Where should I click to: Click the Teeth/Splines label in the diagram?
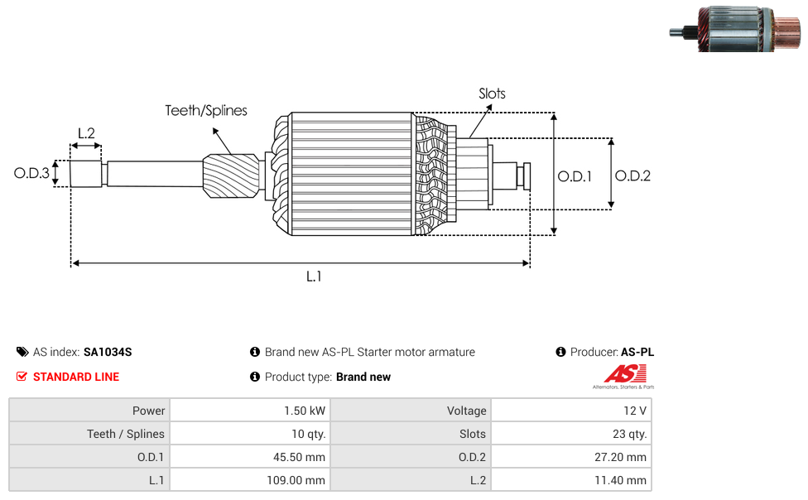coord(206,111)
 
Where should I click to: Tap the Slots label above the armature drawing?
coord(492,94)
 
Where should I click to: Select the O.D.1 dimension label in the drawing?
coord(575,176)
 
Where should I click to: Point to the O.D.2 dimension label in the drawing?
coord(632,175)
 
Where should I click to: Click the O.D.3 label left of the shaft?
coord(31,173)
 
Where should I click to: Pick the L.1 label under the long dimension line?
coord(314,276)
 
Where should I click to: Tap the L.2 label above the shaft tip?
coord(86,133)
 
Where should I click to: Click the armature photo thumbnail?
coord(735,29)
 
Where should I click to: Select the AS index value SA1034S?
coord(108,352)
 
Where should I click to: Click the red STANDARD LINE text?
coord(76,377)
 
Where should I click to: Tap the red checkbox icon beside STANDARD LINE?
coord(22,377)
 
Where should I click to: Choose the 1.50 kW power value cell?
coord(250,411)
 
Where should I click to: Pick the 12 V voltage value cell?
coord(571,411)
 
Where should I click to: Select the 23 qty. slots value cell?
coord(571,434)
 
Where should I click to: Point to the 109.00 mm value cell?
coord(250,480)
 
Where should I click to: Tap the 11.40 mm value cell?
coord(571,480)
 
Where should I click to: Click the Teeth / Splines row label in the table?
coord(126,434)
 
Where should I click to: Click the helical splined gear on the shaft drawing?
coord(231,175)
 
